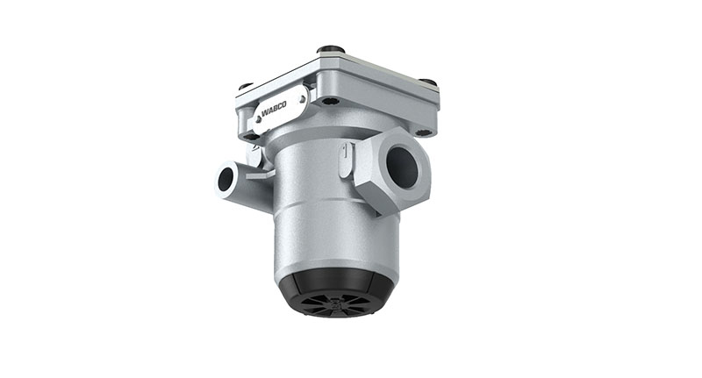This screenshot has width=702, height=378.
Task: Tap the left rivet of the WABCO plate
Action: (257, 122)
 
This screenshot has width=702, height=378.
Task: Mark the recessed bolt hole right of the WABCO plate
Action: (328, 101)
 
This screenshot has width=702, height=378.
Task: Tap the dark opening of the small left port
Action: (226, 180)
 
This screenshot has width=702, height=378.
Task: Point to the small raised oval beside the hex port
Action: (344, 160)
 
